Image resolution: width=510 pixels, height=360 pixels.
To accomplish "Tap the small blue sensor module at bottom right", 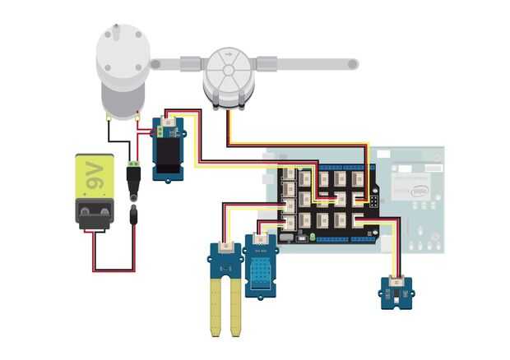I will click(x=396, y=289).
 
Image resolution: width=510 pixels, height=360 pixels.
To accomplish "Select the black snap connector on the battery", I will click(x=96, y=213).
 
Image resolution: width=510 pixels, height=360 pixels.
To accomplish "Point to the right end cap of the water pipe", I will click(x=352, y=63).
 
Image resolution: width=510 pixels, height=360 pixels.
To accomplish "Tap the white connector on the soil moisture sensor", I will click(x=225, y=247).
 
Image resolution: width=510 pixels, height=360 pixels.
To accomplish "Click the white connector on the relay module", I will click(x=171, y=125).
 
